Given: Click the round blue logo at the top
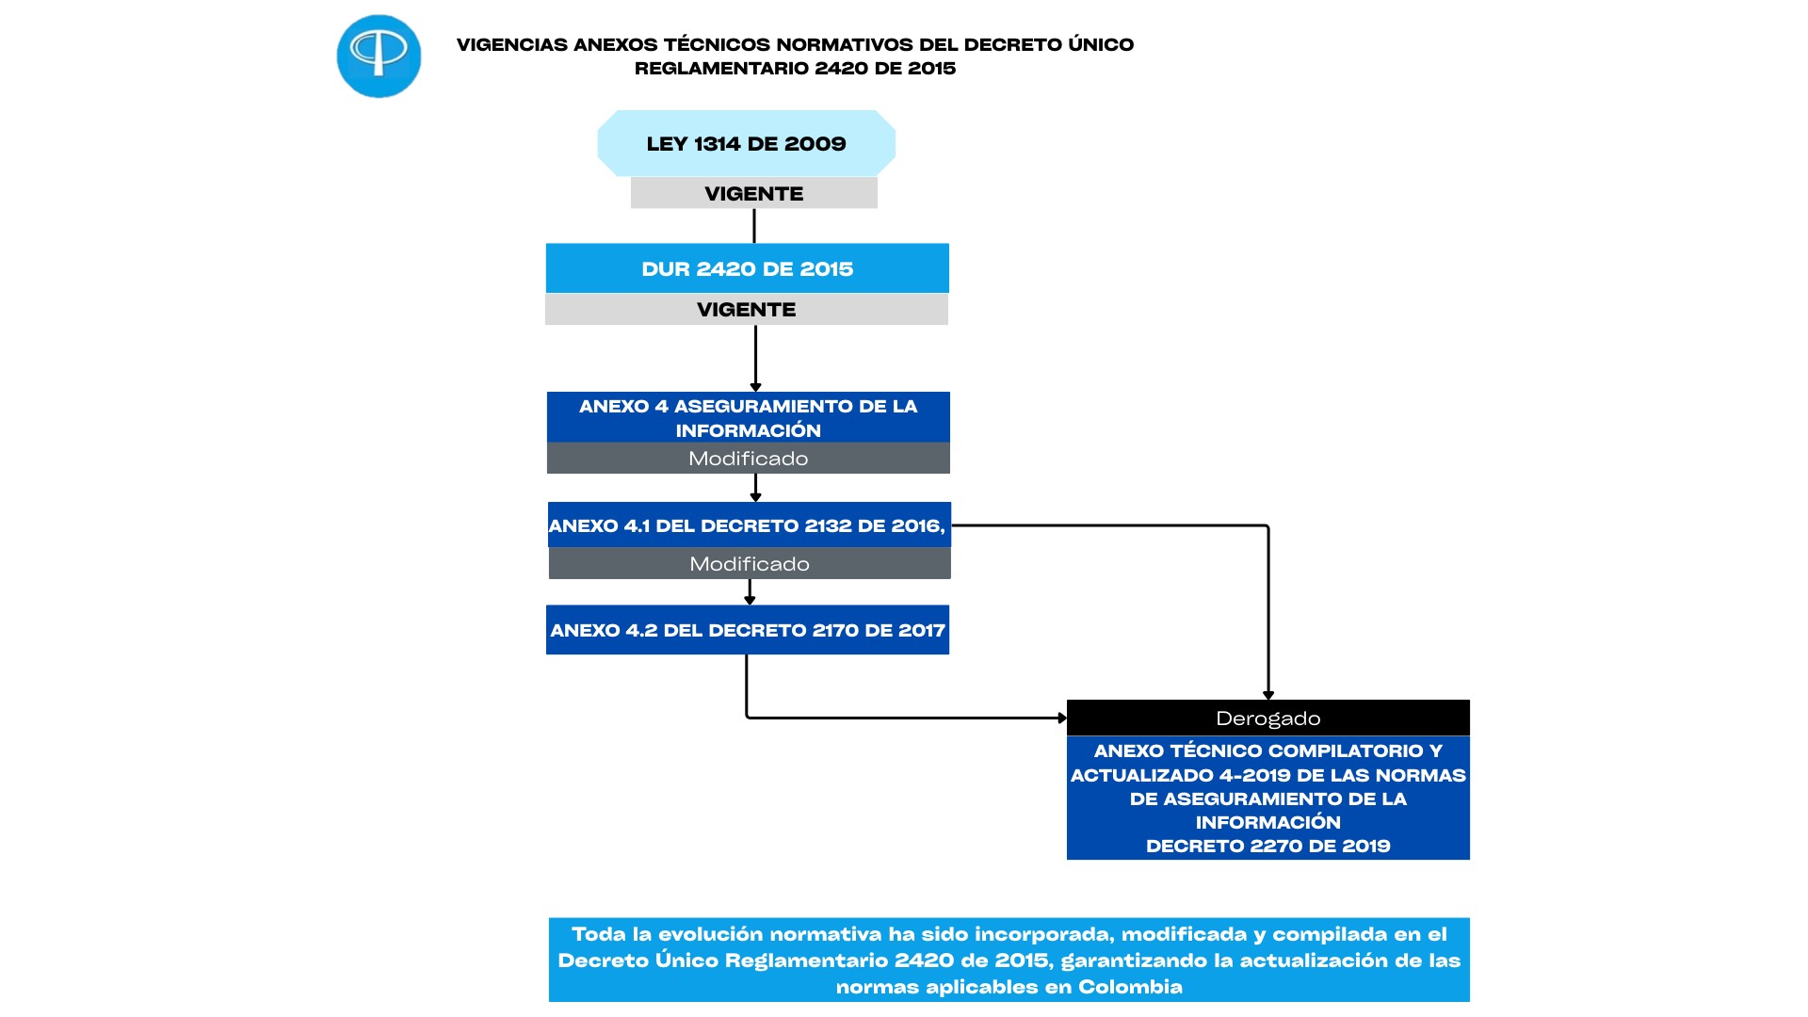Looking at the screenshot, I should tap(379, 56).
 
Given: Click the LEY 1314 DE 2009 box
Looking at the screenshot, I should tap(746, 144).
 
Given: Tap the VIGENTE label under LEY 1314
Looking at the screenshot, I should tap(753, 194).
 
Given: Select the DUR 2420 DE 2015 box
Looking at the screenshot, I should tap(747, 269).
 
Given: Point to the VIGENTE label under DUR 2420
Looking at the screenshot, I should tap(746, 310).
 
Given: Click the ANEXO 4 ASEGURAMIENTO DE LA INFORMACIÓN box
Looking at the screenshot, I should tap(748, 418).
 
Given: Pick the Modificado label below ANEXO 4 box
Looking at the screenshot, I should tap(748, 459).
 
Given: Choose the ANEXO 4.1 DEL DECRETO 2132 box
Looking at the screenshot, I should tap(749, 525).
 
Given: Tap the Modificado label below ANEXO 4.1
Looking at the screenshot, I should tap(750, 564).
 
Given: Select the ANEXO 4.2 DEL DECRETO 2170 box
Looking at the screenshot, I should tap(748, 630).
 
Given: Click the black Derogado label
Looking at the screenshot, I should tap(1267, 718).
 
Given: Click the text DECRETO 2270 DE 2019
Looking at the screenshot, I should tap(1267, 846).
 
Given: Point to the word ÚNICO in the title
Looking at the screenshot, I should tap(1102, 44).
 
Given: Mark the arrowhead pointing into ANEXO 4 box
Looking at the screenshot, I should tap(755, 387).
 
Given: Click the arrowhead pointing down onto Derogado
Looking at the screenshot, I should tap(1268, 695).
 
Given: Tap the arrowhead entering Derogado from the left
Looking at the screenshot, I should tap(1061, 718).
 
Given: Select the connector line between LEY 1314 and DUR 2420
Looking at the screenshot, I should tap(754, 226).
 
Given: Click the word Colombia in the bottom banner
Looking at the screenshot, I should tap(1130, 987).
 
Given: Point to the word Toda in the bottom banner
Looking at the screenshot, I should tap(599, 934).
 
